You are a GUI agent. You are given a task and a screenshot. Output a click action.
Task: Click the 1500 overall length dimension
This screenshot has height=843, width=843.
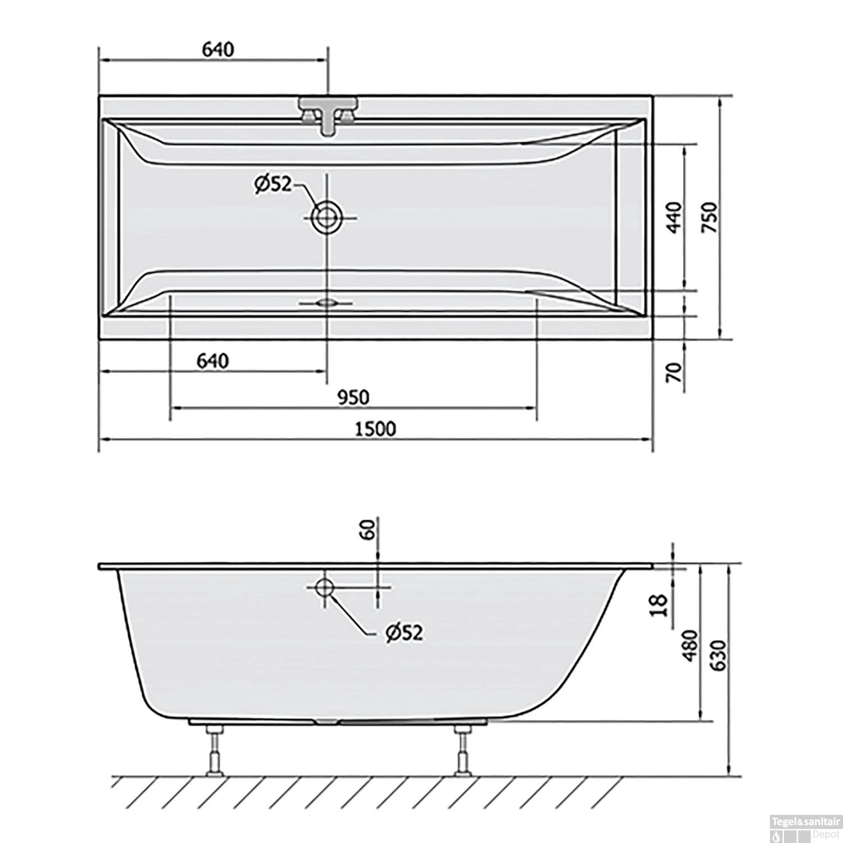[x=375, y=429]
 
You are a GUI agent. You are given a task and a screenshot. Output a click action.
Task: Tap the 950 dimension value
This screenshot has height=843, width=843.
[x=353, y=397]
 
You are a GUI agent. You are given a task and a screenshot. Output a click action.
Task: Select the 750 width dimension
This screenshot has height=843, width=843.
[x=710, y=217]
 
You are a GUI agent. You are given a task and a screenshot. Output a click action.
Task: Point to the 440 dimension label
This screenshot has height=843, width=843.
[x=674, y=217]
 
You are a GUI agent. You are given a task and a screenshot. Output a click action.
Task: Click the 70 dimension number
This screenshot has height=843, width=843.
[x=674, y=372]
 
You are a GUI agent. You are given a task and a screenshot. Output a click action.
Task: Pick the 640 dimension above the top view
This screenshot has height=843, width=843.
[x=217, y=49]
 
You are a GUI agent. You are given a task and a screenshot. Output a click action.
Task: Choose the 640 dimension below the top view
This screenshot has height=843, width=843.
[x=212, y=361]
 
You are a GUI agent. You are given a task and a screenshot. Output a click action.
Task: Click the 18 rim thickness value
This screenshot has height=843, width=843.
[x=661, y=605]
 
